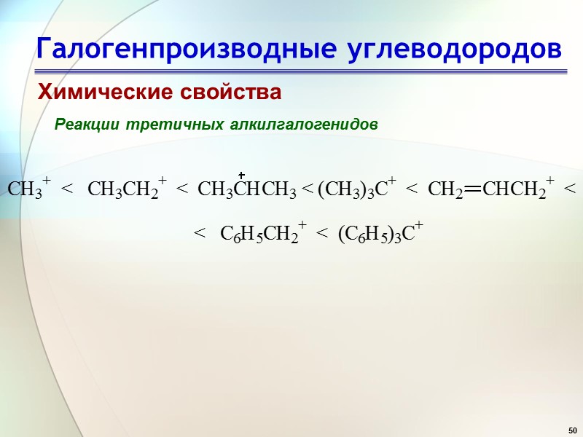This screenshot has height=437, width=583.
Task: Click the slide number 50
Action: point(572,428)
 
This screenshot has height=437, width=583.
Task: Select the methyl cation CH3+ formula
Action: point(28,189)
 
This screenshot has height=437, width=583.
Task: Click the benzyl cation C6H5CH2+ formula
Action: point(262,234)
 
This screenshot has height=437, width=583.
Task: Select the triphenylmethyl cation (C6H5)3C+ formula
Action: point(380,234)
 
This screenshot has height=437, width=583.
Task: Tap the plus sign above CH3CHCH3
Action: point(241,176)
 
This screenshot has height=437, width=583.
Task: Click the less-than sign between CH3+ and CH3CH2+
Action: point(68,190)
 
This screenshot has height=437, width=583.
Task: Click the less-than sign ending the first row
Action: point(570,190)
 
